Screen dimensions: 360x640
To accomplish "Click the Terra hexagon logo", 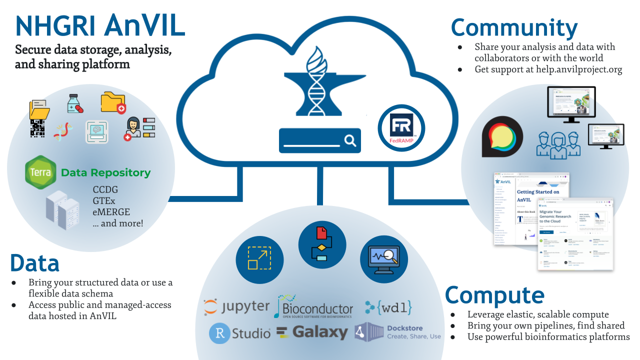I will [41, 172].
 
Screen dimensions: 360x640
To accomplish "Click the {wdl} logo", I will [388, 307].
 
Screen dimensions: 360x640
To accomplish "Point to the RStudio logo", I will [239, 333].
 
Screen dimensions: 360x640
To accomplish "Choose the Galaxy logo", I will [312, 332].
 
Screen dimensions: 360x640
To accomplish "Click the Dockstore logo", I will [398, 332].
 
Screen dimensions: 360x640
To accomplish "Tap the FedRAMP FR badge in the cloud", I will [401, 128].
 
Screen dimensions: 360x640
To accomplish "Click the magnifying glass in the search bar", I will [350, 140].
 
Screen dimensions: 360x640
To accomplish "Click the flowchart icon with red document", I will [322, 244].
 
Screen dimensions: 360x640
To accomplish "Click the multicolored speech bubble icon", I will [502, 136].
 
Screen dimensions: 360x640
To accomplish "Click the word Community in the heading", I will [514, 28].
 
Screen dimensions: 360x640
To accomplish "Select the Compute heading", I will [494, 295].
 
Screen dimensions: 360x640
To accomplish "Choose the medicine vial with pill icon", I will [75, 103].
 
